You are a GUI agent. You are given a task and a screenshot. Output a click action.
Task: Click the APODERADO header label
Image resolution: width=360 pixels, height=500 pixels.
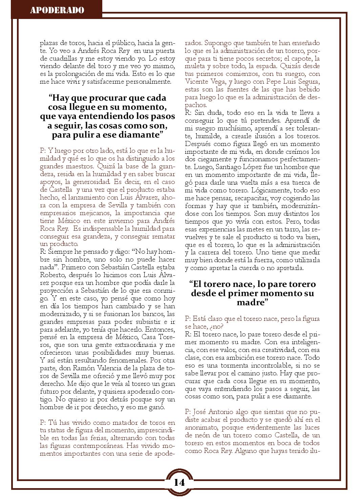[57, 10]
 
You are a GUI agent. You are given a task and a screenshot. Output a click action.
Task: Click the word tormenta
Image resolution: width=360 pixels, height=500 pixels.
[221, 365]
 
